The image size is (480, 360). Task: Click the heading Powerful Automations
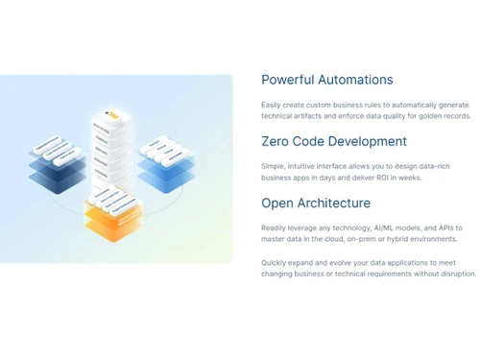pyautogui.click(x=326, y=81)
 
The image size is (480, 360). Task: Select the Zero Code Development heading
pyautogui.click(x=334, y=142)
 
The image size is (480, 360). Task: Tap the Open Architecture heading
pyautogui.click(x=316, y=204)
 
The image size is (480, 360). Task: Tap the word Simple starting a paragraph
pyautogui.click(x=273, y=165)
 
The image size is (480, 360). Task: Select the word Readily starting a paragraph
pyautogui.click(x=274, y=228)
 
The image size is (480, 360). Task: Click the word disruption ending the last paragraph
pyautogui.click(x=456, y=274)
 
